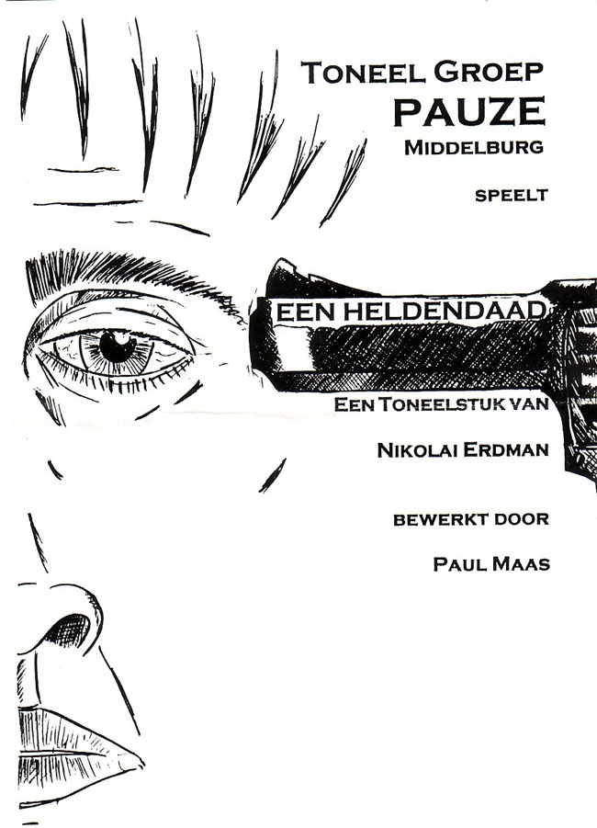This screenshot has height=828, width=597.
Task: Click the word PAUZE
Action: pos(468,111)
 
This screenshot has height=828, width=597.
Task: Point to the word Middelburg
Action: pos(473,147)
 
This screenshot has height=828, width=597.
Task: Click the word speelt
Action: pos(512,194)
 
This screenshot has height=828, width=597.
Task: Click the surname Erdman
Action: pos(508,449)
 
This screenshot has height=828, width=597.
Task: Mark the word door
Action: pos(521,519)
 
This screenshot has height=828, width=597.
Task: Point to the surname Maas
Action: pos(521,563)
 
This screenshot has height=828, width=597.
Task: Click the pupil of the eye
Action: pos(117,346)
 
